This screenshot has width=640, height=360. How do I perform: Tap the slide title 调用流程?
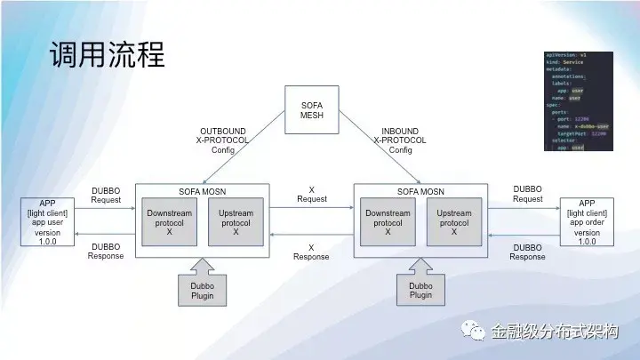click(106, 56)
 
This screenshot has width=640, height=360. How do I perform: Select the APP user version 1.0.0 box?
click(48, 222)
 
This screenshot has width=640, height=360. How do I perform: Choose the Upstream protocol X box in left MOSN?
click(236, 222)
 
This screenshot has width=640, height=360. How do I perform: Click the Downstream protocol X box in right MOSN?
click(388, 222)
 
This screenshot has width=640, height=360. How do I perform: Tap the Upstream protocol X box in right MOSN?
click(453, 222)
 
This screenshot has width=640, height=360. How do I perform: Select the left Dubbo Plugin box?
click(202, 290)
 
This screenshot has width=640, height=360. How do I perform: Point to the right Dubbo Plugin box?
click(420, 290)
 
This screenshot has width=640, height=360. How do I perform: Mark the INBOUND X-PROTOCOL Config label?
click(400, 140)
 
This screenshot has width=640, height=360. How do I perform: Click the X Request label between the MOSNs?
click(311, 195)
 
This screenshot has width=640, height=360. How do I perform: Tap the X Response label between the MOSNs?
click(311, 252)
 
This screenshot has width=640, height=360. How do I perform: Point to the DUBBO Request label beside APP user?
click(106, 195)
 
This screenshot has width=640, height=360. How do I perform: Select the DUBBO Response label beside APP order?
click(527, 252)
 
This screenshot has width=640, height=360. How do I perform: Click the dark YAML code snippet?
click(578, 100)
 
